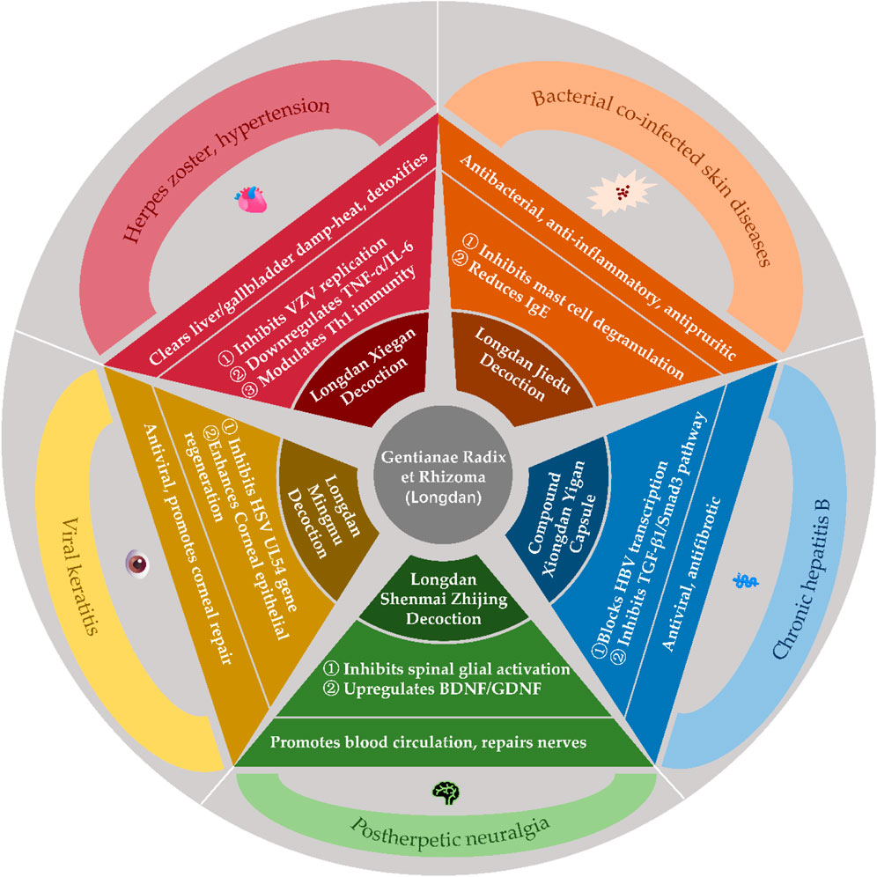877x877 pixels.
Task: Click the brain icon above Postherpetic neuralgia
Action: [x=439, y=791]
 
